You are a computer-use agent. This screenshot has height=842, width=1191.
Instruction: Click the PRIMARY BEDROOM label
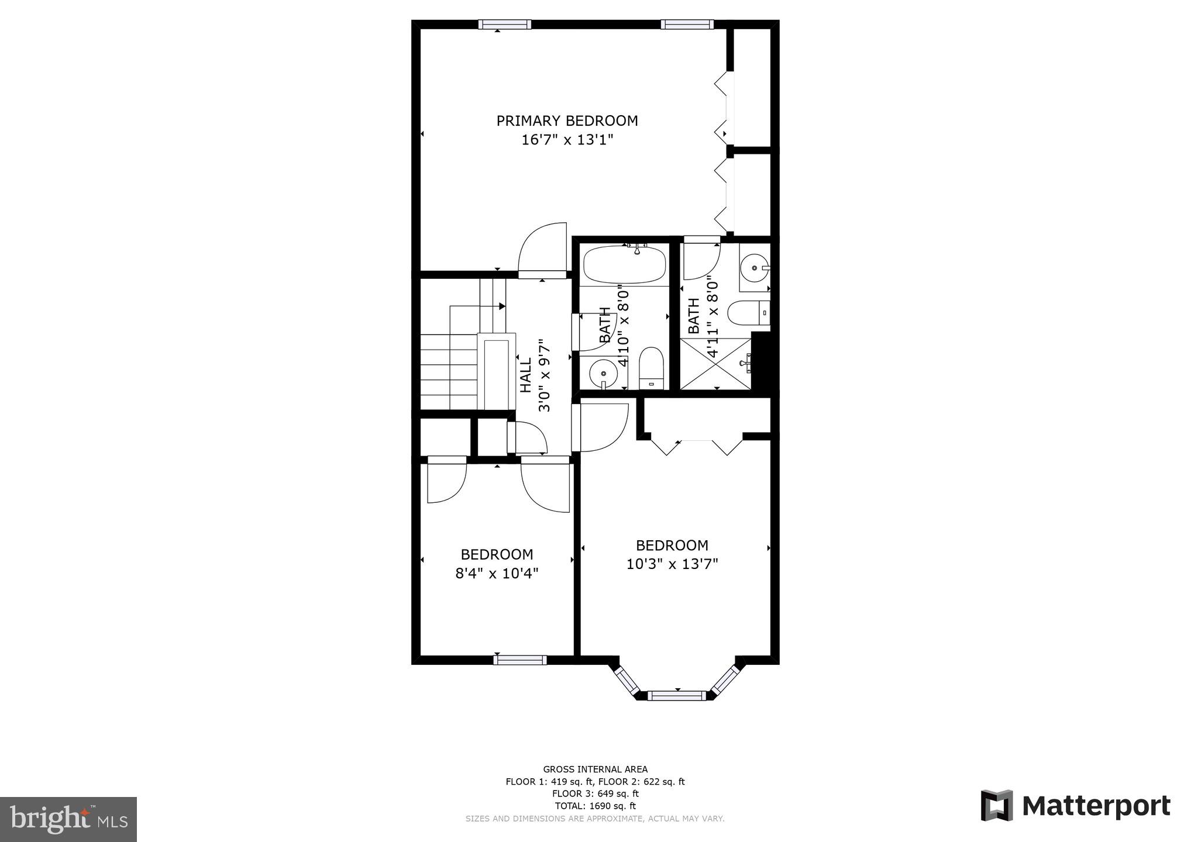click(567, 121)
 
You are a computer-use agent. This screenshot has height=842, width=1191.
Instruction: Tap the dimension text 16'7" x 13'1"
click(567, 140)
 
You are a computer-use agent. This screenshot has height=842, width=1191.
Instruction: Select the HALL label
click(526, 375)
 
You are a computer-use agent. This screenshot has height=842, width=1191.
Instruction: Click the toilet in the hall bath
click(650, 367)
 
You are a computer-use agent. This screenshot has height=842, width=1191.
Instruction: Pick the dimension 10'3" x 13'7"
click(672, 564)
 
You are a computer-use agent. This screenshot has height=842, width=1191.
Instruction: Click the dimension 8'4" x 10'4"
click(497, 573)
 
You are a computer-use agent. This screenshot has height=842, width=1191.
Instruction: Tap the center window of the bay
click(677, 695)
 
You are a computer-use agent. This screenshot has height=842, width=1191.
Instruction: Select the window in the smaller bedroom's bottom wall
click(519, 660)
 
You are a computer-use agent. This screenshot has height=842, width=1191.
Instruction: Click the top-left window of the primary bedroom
click(505, 24)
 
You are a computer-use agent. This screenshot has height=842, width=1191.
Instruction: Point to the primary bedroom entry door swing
click(543, 249)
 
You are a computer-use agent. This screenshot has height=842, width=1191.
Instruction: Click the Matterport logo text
click(1096, 806)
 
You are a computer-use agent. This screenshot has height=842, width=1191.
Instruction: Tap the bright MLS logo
click(68, 819)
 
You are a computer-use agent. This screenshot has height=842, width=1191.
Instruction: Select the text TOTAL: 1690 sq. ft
click(595, 806)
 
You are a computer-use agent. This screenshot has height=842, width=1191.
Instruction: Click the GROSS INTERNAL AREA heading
click(595, 769)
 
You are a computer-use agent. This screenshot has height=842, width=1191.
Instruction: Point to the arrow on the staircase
click(501, 306)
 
